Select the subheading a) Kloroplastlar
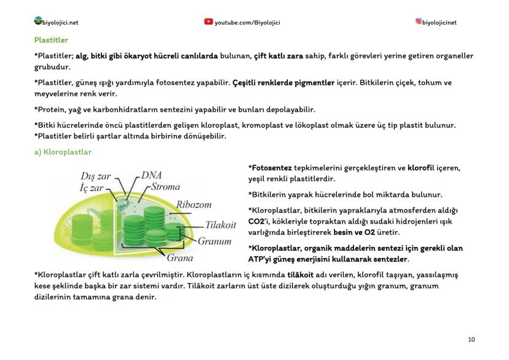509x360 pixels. tap(63, 152)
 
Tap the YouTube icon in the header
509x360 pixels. tap(208, 22)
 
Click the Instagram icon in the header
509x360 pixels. tap(419, 22)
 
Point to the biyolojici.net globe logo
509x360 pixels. tap(39, 22)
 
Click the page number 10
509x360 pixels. tap(471, 339)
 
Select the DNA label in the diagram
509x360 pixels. tap(152, 175)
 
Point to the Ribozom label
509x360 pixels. tap(194, 204)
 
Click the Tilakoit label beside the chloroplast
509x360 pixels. tap(221, 225)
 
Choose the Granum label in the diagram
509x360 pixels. tap(214, 241)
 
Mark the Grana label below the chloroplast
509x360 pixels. tap(180, 257)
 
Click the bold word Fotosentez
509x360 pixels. tap(271, 168)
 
